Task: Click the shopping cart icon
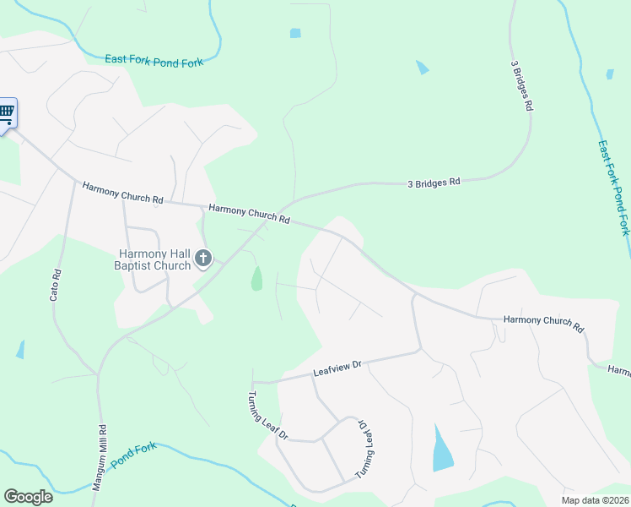pyautogui.click(x=6, y=112)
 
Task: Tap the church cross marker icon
pyautogui.click(x=202, y=259)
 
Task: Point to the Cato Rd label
pyautogui.click(x=56, y=286)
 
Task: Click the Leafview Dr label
pyautogui.click(x=337, y=368)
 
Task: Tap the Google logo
pyautogui.click(x=28, y=497)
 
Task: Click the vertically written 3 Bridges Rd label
pyautogui.click(x=520, y=86)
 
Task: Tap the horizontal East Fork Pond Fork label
pyautogui.click(x=154, y=60)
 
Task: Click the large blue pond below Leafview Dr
pyautogui.click(x=441, y=449)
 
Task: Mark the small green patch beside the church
pyautogui.click(x=256, y=278)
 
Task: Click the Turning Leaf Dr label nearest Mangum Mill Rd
pyautogui.click(x=267, y=417)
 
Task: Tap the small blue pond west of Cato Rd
pyautogui.click(x=20, y=349)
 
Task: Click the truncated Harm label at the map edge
pyautogui.click(x=618, y=371)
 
